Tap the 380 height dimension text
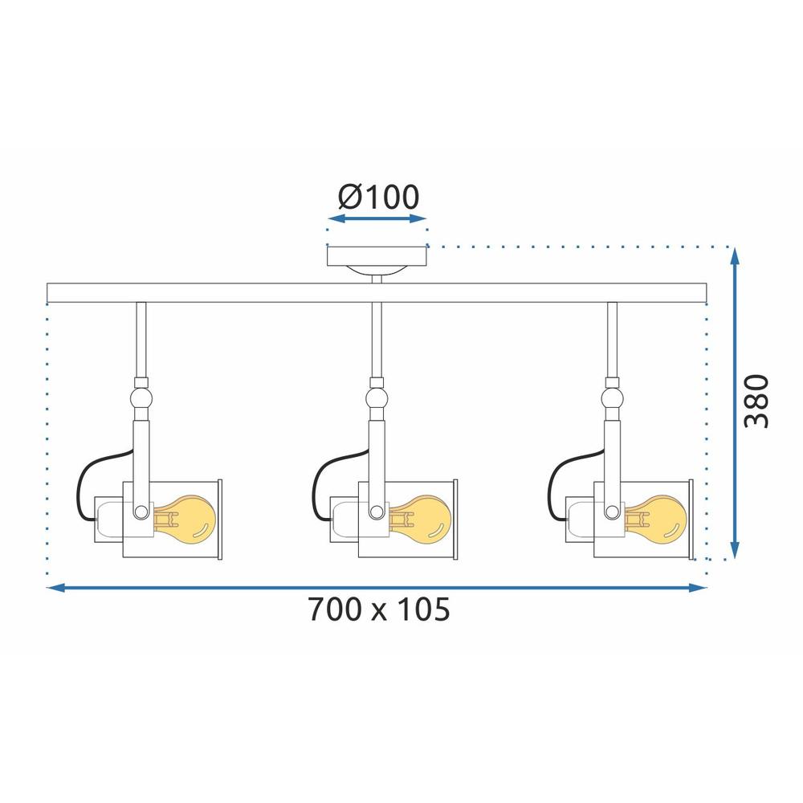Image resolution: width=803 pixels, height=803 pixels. (x=756, y=401)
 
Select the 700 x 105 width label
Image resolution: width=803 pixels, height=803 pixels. (x=378, y=610)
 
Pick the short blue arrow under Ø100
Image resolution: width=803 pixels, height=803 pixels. (x=377, y=218)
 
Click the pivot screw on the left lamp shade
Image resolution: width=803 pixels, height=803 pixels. (x=141, y=510)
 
